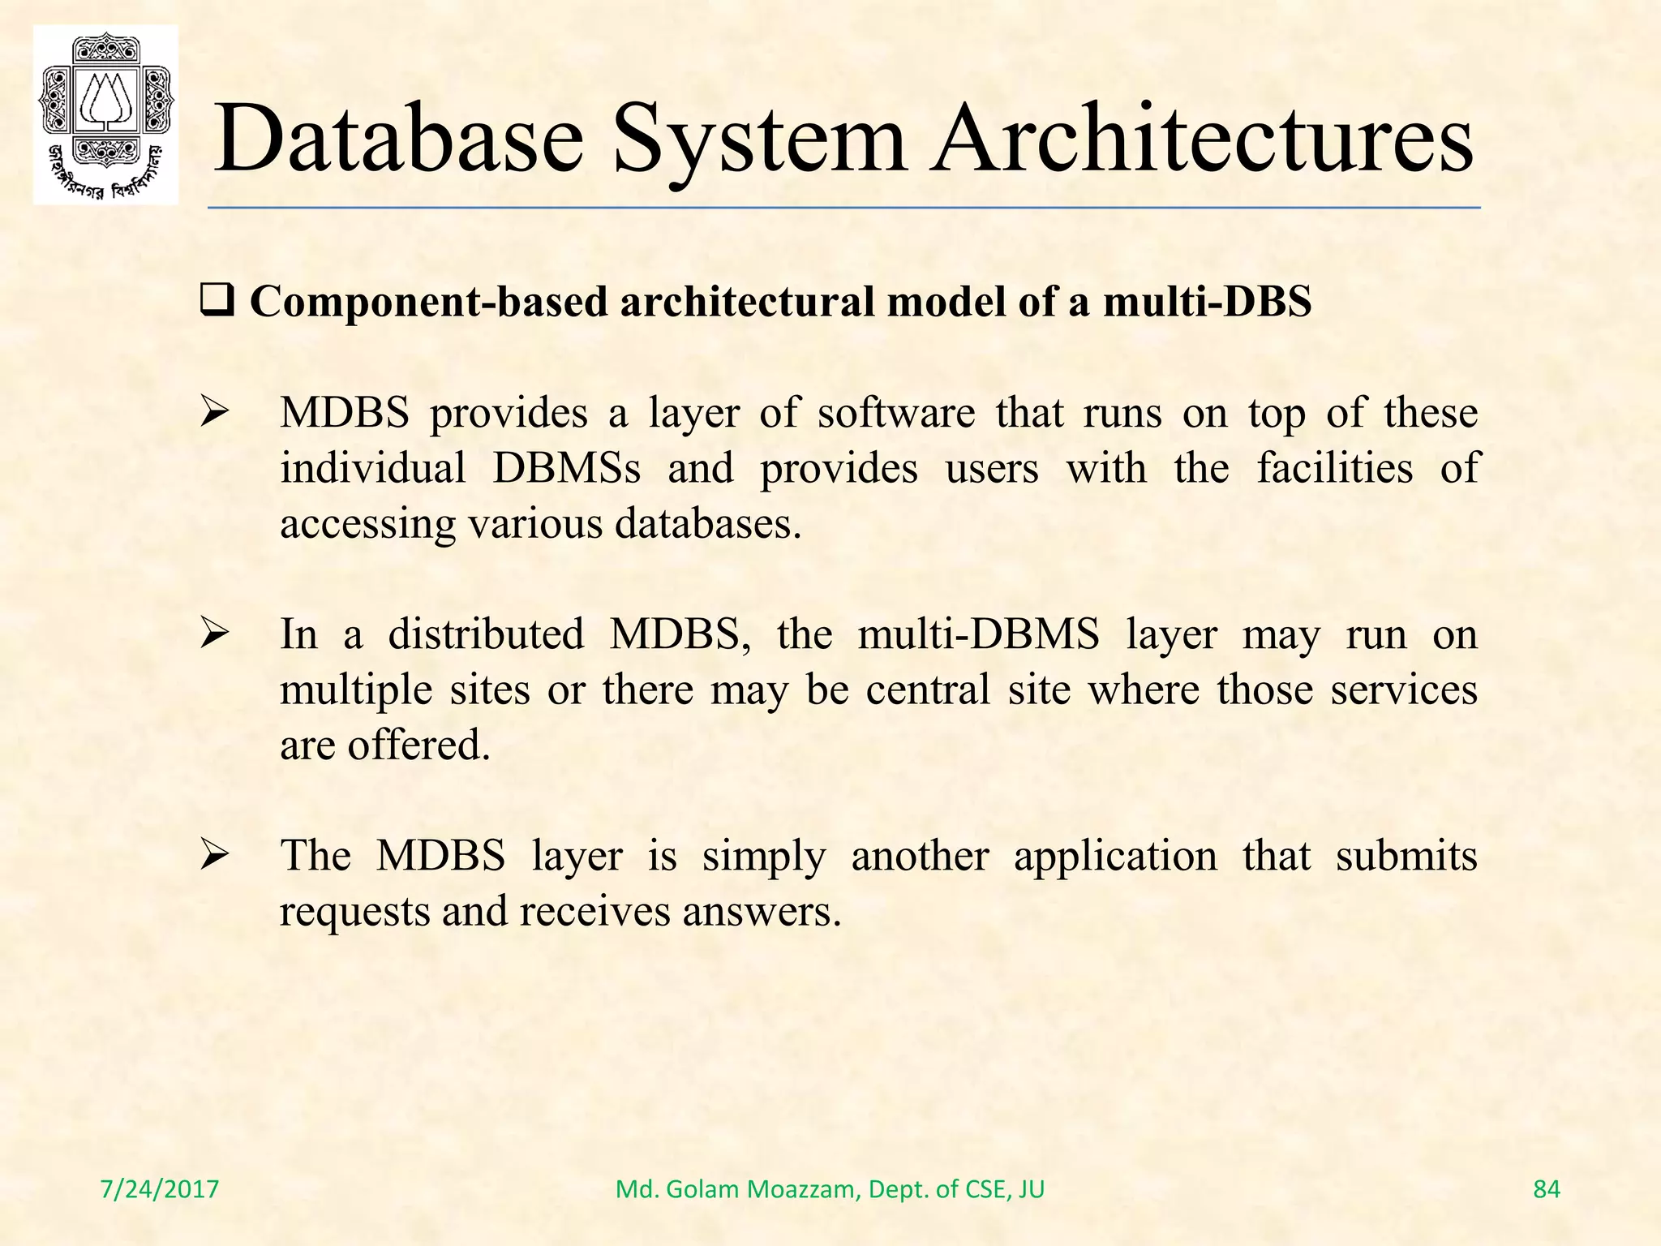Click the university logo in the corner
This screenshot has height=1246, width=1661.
click(105, 114)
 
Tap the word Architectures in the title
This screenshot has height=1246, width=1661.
click(1201, 139)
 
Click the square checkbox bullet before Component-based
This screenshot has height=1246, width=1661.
click(217, 303)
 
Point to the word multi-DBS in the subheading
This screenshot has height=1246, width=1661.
click(1207, 302)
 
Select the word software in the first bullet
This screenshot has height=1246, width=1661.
click(896, 413)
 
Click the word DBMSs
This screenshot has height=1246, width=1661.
click(566, 469)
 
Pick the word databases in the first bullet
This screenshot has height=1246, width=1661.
click(707, 524)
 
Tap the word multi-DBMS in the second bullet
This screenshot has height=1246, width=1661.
click(978, 634)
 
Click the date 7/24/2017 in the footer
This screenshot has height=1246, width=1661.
click(160, 1189)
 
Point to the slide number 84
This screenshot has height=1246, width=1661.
click(1547, 1189)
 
